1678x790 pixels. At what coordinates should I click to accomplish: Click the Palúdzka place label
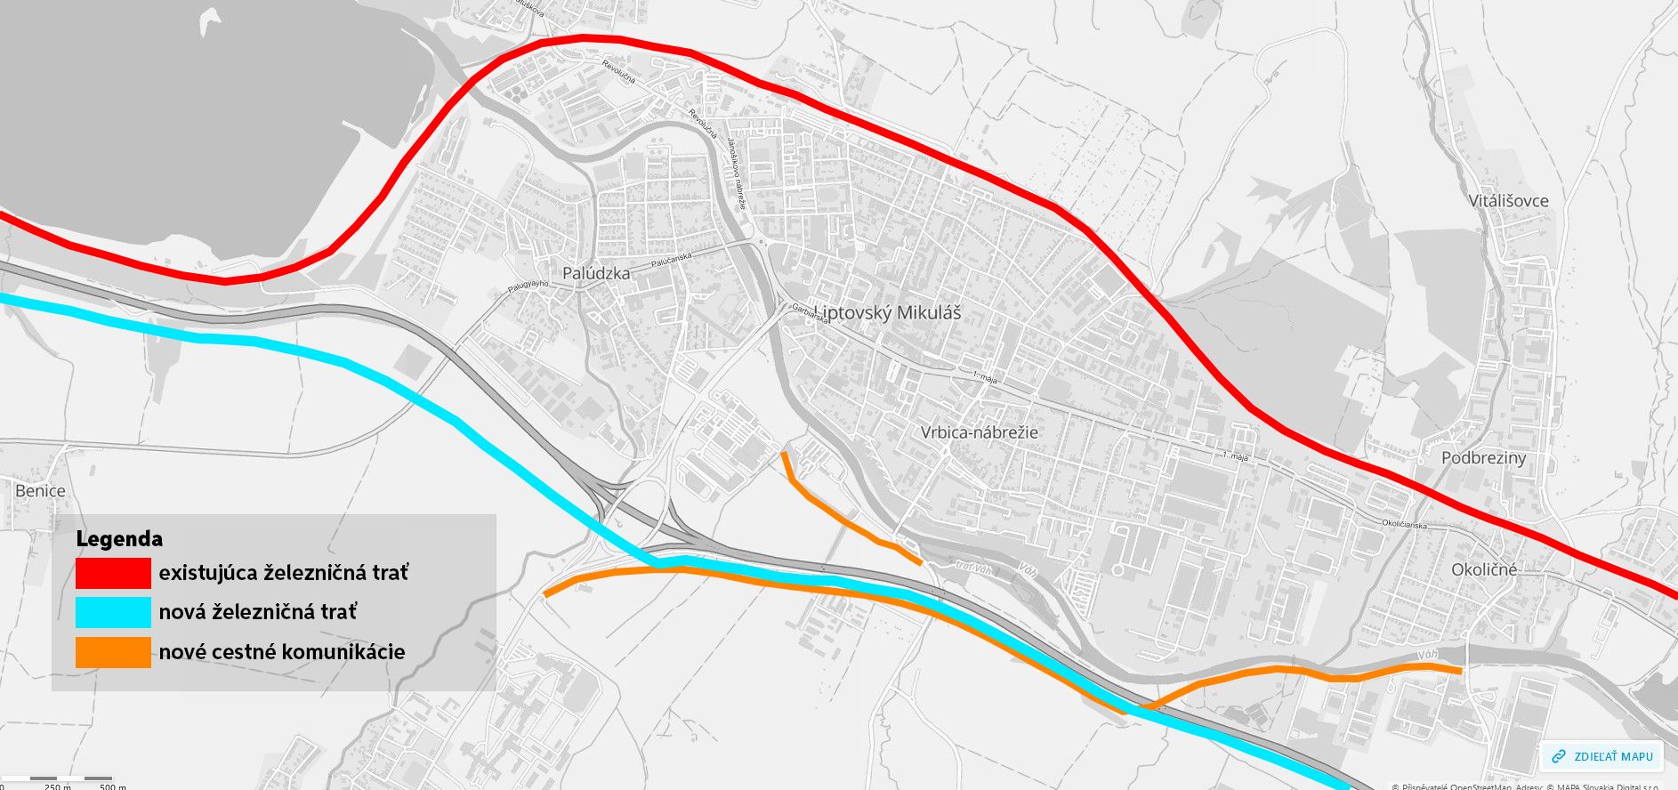tap(596, 273)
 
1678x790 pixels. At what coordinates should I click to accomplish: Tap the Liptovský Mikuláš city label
tap(888, 312)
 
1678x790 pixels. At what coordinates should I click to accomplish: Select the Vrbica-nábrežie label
tap(979, 432)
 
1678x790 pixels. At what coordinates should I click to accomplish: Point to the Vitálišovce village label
tap(1508, 201)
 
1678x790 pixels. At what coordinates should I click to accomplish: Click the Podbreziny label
tap(1483, 458)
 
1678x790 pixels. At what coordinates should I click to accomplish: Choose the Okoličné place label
tap(1484, 569)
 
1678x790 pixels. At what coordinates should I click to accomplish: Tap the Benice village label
tap(40, 490)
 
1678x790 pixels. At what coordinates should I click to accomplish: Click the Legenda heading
tap(119, 539)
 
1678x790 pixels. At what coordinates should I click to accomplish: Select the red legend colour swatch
tap(113, 573)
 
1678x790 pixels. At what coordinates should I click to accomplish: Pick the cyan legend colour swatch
tap(113, 612)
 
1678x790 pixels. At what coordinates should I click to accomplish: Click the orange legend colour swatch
tap(113, 652)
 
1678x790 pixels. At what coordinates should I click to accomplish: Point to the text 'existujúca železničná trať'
tap(283, 573)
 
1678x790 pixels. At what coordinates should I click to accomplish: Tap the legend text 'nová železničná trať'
tap(257, 612)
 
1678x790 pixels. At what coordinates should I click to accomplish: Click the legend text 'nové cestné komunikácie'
tap(281, 652)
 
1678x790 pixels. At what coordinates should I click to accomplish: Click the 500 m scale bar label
tap(112, 786)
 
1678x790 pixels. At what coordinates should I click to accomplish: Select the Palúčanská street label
tap(671, 260)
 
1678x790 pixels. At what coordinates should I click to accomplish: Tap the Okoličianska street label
tap(1404, 525)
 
